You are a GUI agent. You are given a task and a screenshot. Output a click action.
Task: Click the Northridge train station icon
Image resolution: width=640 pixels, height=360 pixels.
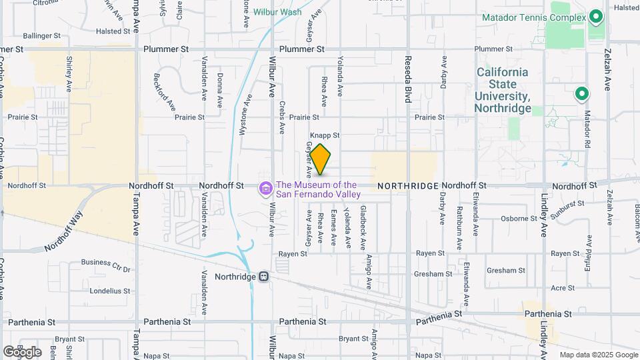(264, 276)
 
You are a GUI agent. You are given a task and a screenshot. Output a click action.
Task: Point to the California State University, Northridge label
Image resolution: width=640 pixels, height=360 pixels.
(503, 89)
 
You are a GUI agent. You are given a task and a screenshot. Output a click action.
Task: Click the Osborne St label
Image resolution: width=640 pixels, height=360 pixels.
(519, 218)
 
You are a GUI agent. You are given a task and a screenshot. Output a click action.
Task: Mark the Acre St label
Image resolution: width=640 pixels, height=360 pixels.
(563, 288)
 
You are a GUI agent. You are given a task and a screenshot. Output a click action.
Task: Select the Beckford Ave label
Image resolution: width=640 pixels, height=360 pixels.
(165, 92)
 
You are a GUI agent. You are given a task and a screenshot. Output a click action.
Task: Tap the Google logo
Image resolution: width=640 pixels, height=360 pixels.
(22, 351)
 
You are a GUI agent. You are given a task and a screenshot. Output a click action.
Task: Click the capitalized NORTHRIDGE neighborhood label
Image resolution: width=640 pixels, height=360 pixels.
(407, 186)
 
